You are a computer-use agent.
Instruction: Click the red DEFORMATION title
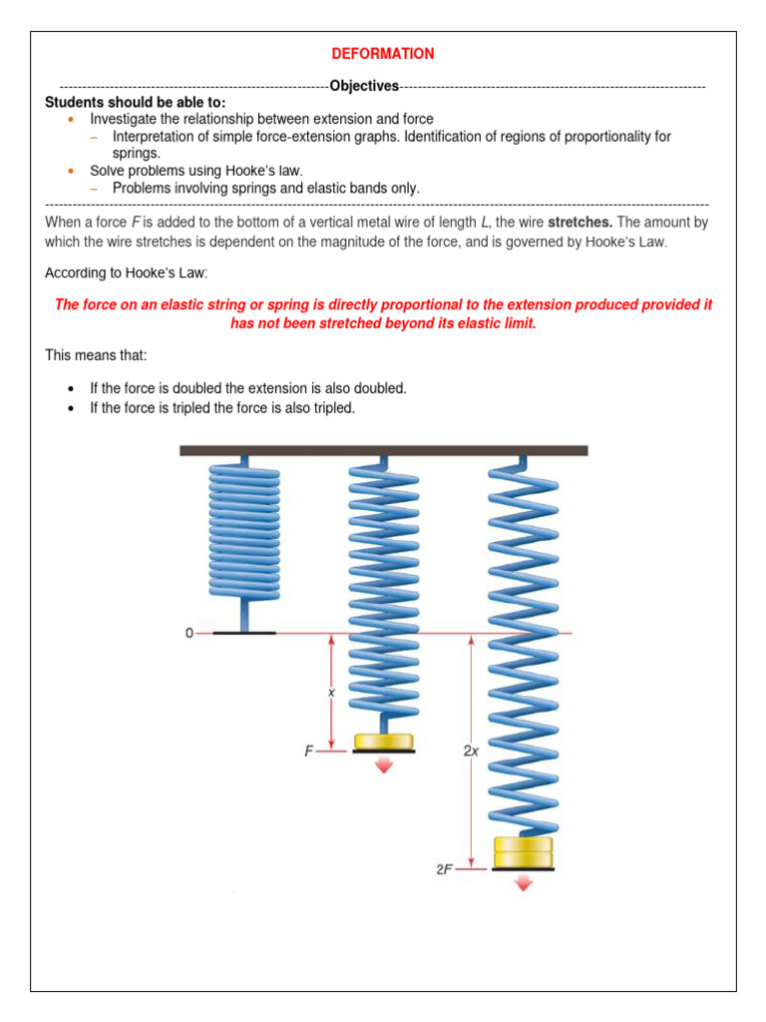pos(383,54)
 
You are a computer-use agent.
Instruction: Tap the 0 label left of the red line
pos(189,633)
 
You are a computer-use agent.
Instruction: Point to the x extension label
pos(331,690)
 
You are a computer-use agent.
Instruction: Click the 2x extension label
pos(471,751)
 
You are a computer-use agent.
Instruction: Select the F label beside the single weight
pos(309,752)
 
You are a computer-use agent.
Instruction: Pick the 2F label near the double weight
pos(444,869)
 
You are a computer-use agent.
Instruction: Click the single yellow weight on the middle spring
pos(384,741)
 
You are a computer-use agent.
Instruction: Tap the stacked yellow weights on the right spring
pos(524,852)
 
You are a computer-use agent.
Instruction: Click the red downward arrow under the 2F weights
pos(524,882)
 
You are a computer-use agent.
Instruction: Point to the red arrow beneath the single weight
pos(384,765)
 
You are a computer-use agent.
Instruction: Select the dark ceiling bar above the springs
pos(383,451)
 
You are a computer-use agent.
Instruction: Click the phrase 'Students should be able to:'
pos(135,102)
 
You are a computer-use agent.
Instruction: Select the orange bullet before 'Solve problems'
pos(70,171)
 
